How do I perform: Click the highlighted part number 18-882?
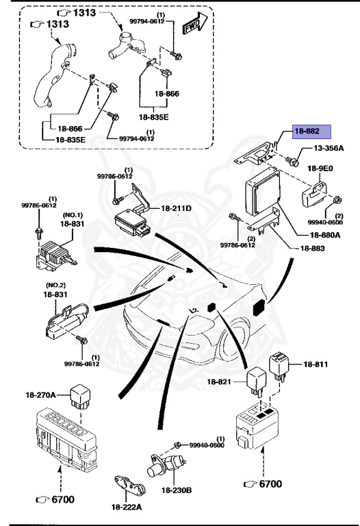pos(311,132)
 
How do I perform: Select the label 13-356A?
pos(329,148)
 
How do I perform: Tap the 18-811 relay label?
pos(317,364)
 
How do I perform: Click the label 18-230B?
pos(177,490)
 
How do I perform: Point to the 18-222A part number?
pos(127,506)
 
